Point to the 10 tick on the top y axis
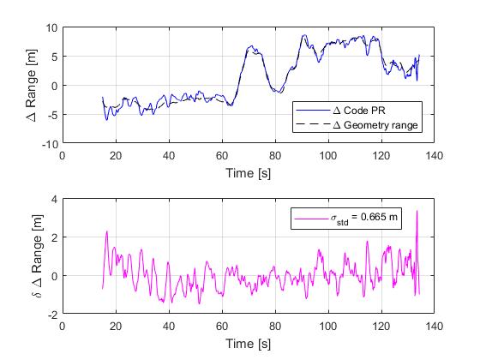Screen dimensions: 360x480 tap(51, 27)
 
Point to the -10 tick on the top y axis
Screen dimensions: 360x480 tap(49, 144)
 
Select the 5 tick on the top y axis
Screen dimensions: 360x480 tap(53, 57)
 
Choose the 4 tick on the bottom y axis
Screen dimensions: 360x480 tap(53, 199)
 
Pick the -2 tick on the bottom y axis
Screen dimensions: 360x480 tap(51, 315)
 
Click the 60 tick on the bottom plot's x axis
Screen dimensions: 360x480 tap(221, 327)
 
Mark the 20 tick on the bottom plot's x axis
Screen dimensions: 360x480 tap(115, 327)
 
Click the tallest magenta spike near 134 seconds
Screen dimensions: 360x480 tap(417, 211)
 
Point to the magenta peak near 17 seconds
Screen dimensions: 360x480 tap(107, 231)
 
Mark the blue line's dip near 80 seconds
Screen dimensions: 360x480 tap(275, 92)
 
